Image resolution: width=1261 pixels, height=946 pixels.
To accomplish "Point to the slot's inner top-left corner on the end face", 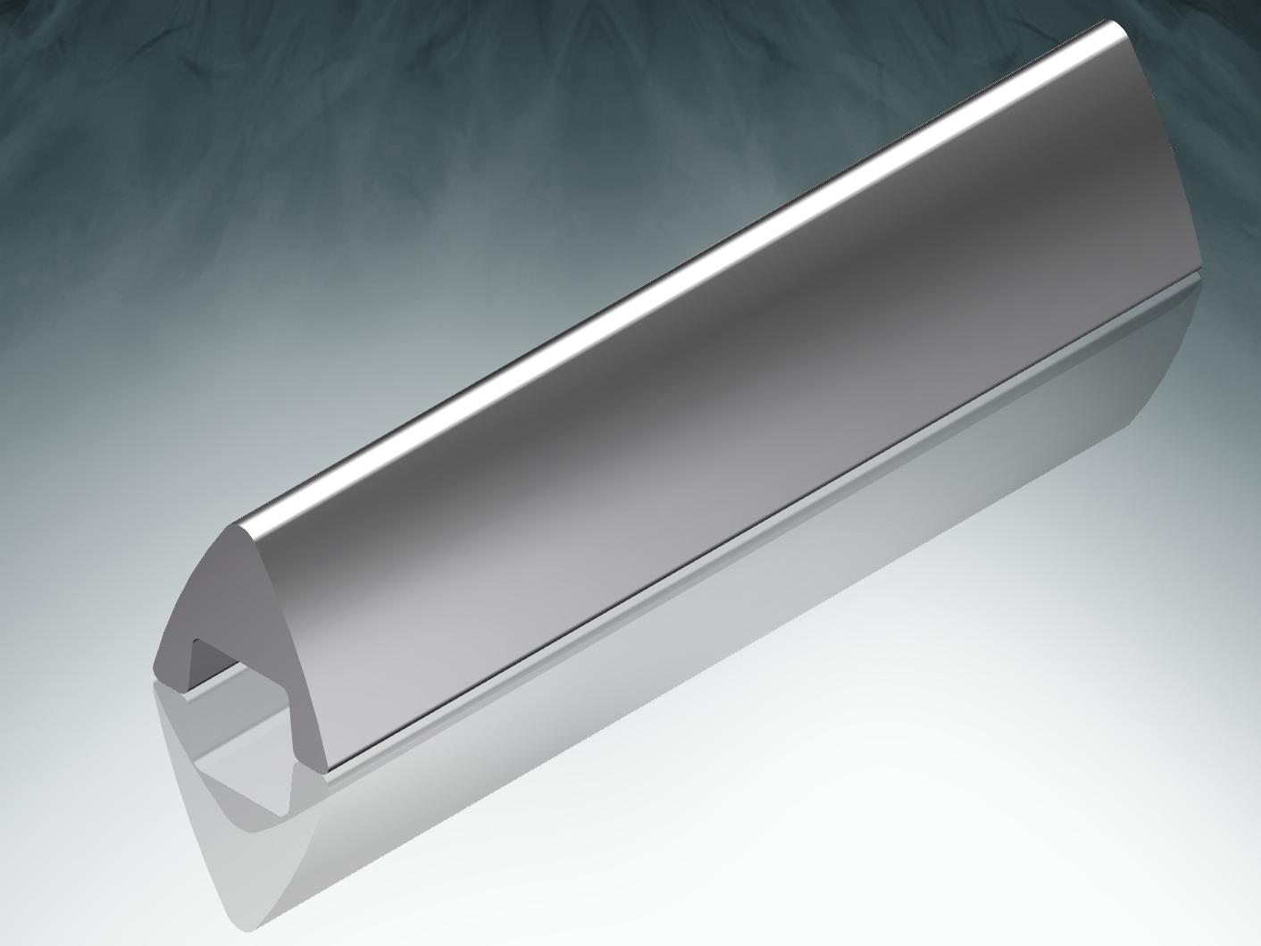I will click(196, 640).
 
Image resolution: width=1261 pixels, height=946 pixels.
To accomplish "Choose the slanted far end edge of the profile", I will click(1161, 143).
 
